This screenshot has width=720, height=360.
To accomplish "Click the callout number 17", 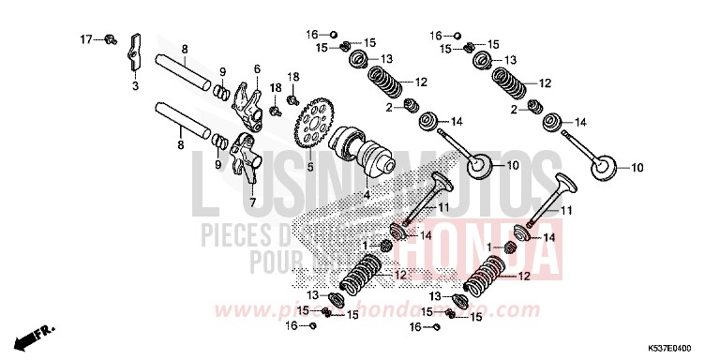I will coord(85,39).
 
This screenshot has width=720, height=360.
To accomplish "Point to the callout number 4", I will coord(367,195).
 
